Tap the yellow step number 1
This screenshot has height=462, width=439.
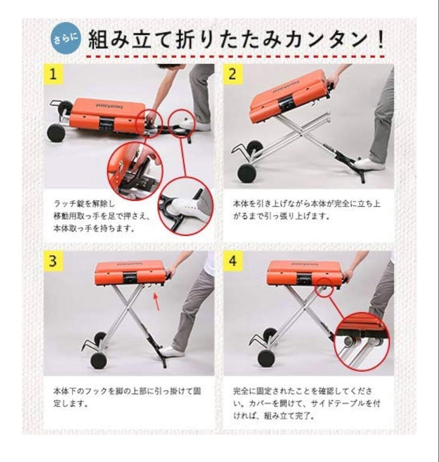pyautogui.click(x=53, y=74)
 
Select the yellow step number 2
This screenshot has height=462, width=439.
pyautogui.click(x=232, y=74)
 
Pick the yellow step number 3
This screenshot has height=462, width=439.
pyautogui.click(x=53, y=261)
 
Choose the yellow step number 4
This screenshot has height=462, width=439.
pyautogui.click(x=232, y=261)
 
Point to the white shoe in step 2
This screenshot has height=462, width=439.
pyautogui.click(x=370, y=163)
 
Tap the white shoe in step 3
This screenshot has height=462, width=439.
pyautogui.click(x=172, y=352)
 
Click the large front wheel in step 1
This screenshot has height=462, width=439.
pyautogui.click(x=56, y=133)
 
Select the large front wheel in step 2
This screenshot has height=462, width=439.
pyautogui.click(x=247, y=173)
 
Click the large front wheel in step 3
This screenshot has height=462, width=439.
pyautogui.click(x=98, y=361)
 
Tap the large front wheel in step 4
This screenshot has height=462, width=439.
pyautogui.click(x=266, y=358)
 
